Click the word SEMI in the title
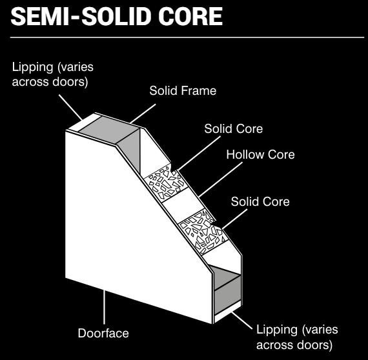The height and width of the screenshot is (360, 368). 40,16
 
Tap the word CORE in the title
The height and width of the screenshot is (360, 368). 190,16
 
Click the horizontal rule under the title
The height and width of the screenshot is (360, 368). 187,37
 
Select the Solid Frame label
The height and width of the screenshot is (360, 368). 183,90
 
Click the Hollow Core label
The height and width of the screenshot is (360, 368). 261,154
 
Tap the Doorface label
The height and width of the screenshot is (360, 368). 103,333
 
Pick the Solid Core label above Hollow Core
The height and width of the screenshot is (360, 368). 234,128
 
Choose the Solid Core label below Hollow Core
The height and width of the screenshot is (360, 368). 260,201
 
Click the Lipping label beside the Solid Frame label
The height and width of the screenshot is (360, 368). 53,74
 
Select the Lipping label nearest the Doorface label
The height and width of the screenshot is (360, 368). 297,337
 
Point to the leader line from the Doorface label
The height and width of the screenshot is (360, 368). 104,307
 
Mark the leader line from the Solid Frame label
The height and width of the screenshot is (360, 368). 143,114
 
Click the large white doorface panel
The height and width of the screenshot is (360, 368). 132,223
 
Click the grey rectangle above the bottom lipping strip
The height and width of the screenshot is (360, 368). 228,295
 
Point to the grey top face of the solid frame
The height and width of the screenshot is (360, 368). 108,129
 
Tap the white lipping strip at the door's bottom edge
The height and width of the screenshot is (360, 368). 228,312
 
